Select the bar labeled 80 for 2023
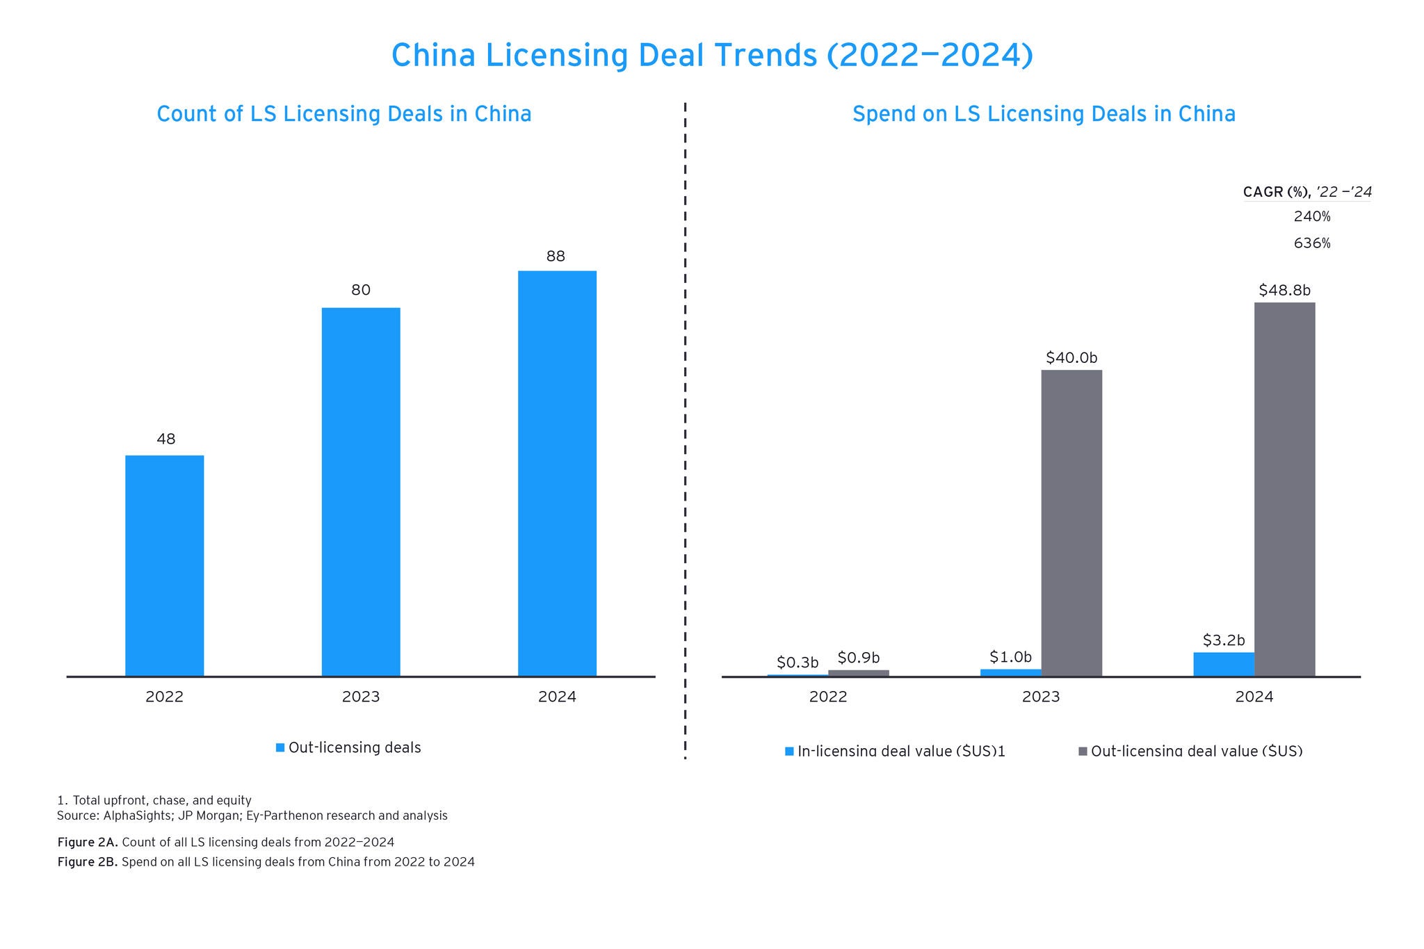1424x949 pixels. tap(360, 492)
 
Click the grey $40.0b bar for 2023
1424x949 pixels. tap(1071, 522)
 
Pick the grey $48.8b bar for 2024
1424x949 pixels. tap(1284, 489)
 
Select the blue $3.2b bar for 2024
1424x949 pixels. tap(1223, 664)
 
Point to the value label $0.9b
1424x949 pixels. tap(858, 657)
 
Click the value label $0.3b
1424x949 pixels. tap(797, 662)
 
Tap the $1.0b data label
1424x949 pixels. tap(1010, 656)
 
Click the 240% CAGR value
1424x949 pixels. tap(1311, 217)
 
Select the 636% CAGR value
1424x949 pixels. tap(1311, 243)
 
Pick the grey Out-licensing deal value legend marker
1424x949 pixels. tap(1083, 751)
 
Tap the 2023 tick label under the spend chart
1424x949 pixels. tap(1040, 697)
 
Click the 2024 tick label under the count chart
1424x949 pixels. tap(557, 697)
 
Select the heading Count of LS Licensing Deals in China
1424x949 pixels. tap(343, 114)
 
